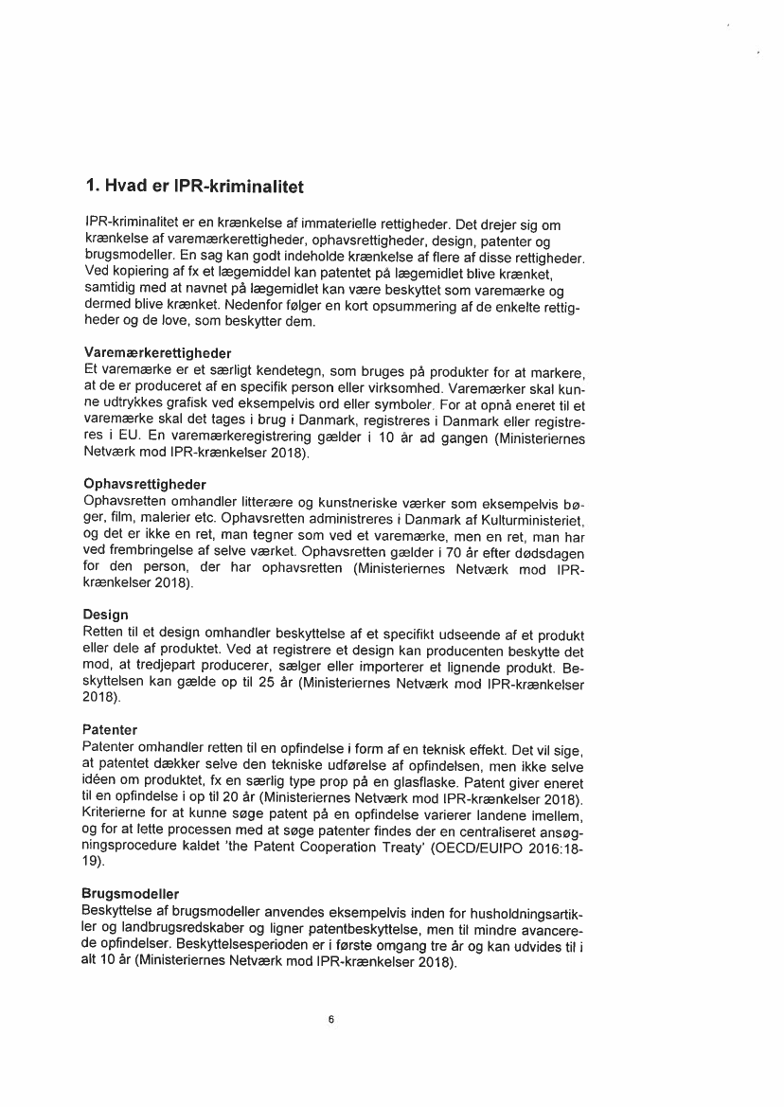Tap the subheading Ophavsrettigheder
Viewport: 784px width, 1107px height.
pyautogui.click(x=145, y=484)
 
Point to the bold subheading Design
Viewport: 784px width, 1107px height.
pyautogui.click(x=106, y=616)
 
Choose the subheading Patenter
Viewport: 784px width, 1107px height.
pyautogui.click(x=111, y=730)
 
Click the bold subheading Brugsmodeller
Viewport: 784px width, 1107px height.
pyautogui.click(x=132, y=894)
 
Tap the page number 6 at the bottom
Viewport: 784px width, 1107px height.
pyautogui.click(x=330, y=1020)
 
